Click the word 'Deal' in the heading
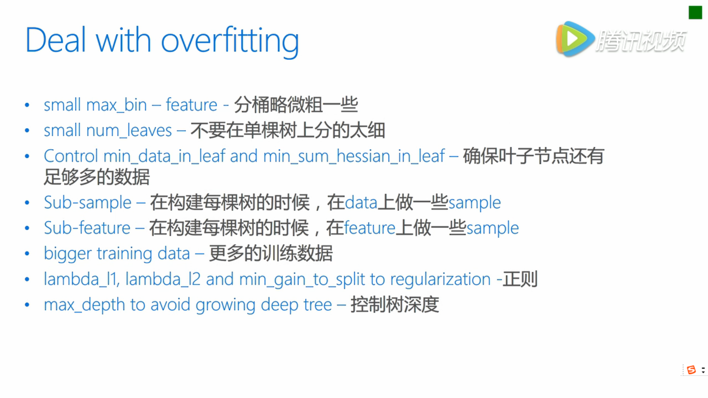tap(56, 40)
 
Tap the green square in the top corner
tap(695, 13)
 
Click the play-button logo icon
tap(575, 39)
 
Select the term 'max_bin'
tap(117, 105)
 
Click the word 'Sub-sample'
tap(88, 202)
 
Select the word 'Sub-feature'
tap(87, 228)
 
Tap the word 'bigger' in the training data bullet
tap(68, 254)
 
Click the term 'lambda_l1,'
tap(82, 279)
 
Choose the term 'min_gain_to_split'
tap(302, 279)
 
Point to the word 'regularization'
tap(440, 279)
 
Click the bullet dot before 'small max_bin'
tap(27, 105)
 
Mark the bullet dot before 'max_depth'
tap(27, 305)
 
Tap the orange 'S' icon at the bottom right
tap(691, 370)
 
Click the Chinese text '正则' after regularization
tap(520, 279)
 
